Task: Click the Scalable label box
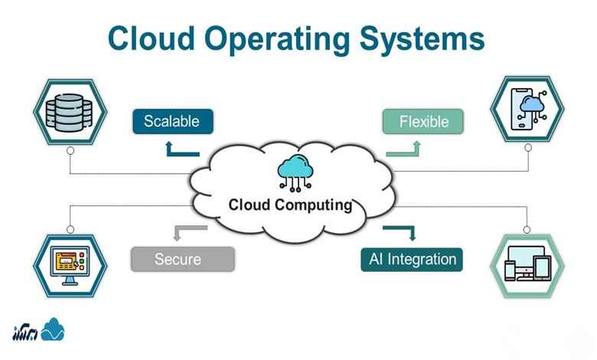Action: click(x=172, y=121)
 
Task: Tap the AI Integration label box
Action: click(x=413, y=258)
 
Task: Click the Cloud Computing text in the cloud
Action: click(x=290, y=205)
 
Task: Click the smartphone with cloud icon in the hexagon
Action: click(x=528, y=110)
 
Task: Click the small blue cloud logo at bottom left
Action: click(x=53, y=329)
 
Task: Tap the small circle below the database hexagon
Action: click(x=70, y=152)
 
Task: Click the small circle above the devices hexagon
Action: click(x=527, y=228)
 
